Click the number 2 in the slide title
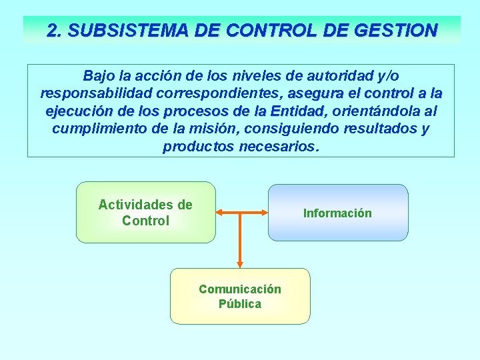tap(52, 31)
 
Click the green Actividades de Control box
tap(145, 212)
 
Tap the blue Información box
tap(337, 213)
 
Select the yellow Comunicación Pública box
tap(240, 296)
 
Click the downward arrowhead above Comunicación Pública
tap(241, 263)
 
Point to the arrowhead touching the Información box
tap(263, 213)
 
